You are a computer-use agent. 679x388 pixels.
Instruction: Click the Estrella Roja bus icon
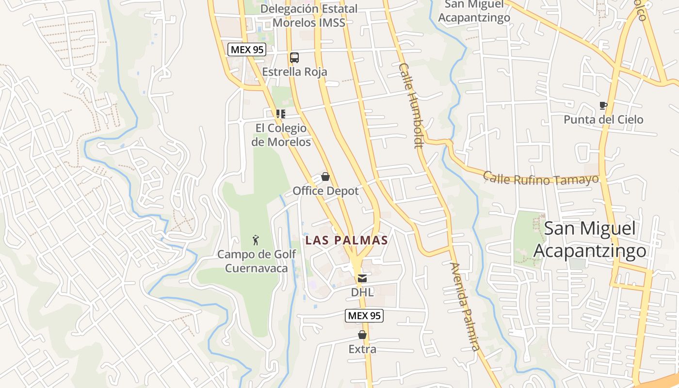294,58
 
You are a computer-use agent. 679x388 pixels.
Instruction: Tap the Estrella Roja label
294,72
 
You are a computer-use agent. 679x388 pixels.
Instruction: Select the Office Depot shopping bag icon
325,177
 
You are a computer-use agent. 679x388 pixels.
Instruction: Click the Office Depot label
325,191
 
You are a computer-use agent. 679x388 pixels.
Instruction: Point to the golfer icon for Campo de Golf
256,240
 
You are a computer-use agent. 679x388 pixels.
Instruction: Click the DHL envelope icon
362,278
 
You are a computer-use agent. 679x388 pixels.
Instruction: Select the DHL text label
362,292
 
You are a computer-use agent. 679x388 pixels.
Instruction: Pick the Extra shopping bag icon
362,335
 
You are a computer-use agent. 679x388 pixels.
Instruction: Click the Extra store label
362,349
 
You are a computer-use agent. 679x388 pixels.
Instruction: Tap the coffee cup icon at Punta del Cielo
603,105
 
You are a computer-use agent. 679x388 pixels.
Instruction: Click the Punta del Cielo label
603,119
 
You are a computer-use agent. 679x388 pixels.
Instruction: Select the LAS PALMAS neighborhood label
346,240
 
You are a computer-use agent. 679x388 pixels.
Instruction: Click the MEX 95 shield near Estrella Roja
247,49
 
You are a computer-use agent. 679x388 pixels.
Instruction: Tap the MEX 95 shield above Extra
364,316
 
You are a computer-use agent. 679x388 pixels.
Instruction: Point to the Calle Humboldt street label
411,105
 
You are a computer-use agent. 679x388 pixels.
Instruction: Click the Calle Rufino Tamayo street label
541,178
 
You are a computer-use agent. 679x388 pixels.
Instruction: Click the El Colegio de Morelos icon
280,114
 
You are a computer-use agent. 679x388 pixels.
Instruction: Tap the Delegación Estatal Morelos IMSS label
309,16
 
